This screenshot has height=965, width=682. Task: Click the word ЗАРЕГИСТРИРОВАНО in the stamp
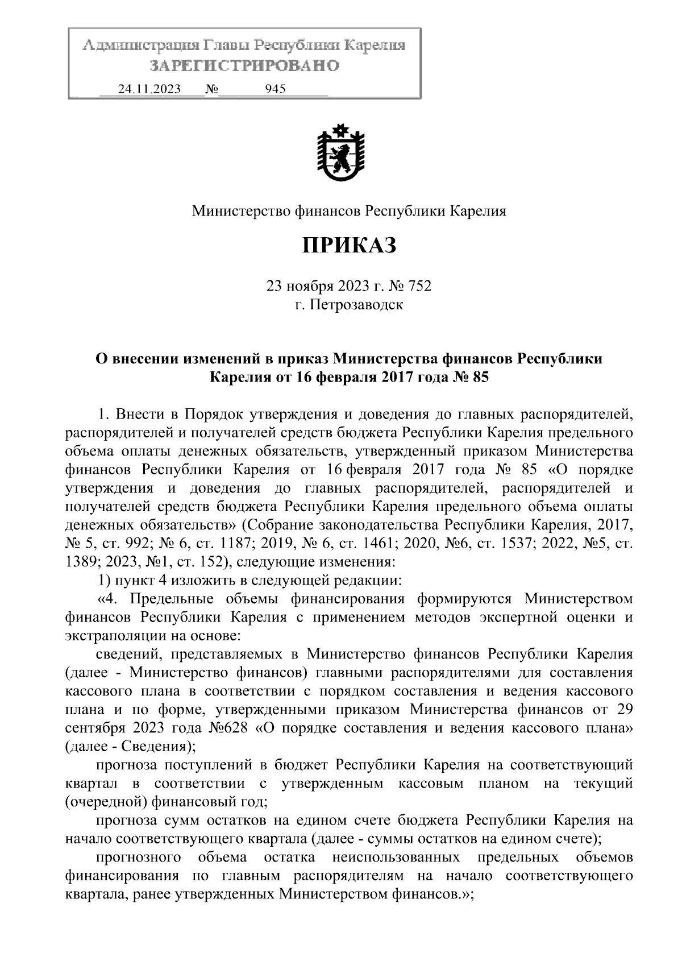pyautogui.click(x=244, y=66)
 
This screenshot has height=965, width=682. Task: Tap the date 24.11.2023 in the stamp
pyautogui.click(x=149, y=89)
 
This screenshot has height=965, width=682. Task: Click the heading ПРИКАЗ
pyautogui.click(x=348, y=246)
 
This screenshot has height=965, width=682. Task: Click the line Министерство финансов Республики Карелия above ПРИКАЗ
pyautogui.click(x=348, y=212)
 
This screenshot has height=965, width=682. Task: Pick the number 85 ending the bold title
pyautogui.click(x=480, y=377)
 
